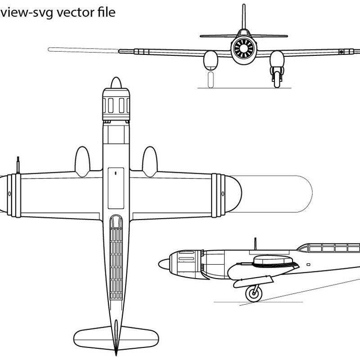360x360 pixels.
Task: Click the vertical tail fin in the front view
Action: coord(244,17)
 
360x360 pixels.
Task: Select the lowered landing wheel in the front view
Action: coord(277,80)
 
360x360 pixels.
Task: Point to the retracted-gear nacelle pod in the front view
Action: coord(211,61)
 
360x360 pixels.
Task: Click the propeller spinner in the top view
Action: coord(116,83)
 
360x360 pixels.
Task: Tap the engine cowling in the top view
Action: coord(116,104)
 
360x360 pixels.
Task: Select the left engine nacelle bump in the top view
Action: coord(82,162)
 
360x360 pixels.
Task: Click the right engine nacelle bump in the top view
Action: coord(150,162)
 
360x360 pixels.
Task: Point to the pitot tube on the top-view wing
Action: coord(18,165)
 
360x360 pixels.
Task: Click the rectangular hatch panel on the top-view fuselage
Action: coord(116,188)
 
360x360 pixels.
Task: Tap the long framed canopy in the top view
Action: coord(116,257)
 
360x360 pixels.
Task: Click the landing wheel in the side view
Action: coord(254,293)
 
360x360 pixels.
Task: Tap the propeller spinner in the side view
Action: coord(164,264)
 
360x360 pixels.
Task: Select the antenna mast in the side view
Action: coord(255,244)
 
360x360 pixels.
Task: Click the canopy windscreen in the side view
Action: coord(303,248)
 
